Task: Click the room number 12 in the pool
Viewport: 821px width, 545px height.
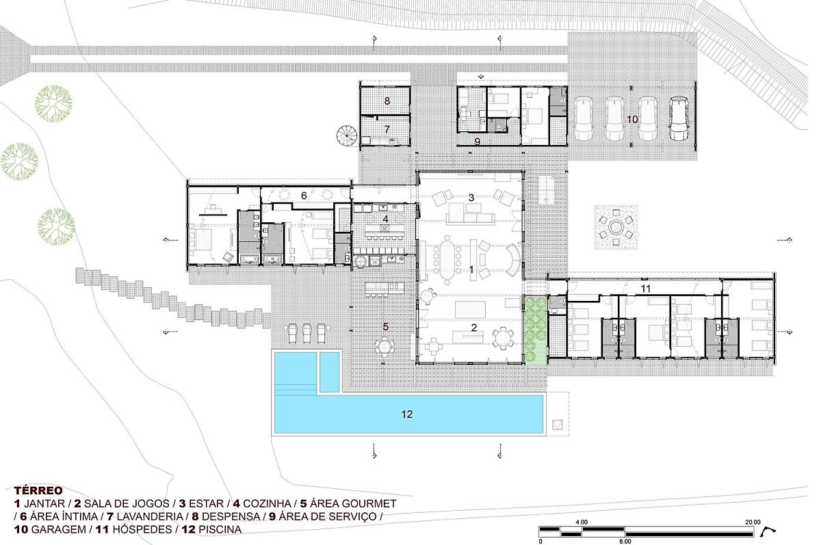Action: click(x=407, y=414)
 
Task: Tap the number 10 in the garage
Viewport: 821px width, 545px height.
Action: click(x=632, y=120)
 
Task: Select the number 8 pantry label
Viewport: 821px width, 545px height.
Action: click(x=387, y=101)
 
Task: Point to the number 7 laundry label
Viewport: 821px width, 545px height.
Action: click(x=387, y=129)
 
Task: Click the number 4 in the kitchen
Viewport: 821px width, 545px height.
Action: click(x=385, y=219)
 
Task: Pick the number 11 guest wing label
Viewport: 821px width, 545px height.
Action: click(x=645, y=289)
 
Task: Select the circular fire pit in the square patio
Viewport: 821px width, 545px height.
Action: click(x=616, y=228)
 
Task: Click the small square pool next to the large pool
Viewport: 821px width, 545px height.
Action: click(x=330, y=372)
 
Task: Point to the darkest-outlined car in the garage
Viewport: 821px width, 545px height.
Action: click(x=680, y=118)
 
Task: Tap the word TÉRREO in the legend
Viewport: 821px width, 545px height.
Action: click(x=38, y=490)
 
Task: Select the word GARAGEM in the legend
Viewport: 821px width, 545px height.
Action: click(x=59, y=529)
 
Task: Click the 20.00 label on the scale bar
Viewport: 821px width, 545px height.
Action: click(x=753, y=522)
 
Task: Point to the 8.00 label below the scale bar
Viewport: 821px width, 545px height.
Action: click(x=625, y=542)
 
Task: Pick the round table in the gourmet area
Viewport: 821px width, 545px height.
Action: click(x=385, y=346)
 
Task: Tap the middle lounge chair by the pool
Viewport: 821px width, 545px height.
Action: click(x=307, y=332)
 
